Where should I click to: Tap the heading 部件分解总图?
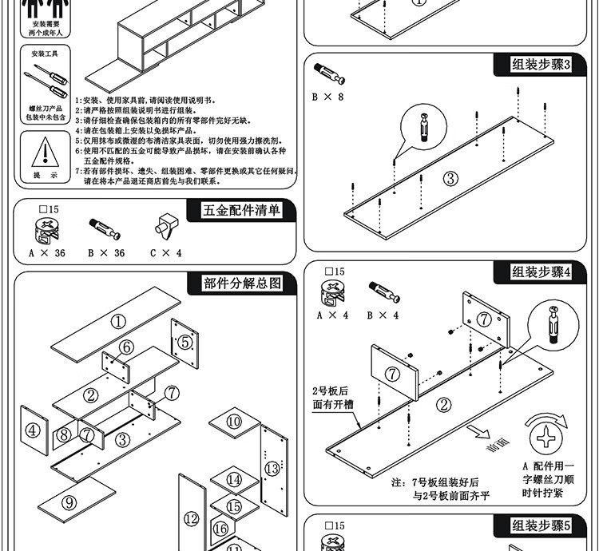243,283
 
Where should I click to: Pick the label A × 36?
47,253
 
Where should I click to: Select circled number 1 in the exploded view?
119,322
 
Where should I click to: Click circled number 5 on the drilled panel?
185,343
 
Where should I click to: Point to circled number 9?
69,501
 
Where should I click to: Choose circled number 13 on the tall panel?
272,467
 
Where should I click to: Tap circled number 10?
233,420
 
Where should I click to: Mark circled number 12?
191,517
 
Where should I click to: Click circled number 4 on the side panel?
32,430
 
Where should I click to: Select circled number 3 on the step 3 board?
450,179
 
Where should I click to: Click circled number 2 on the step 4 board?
444,404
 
